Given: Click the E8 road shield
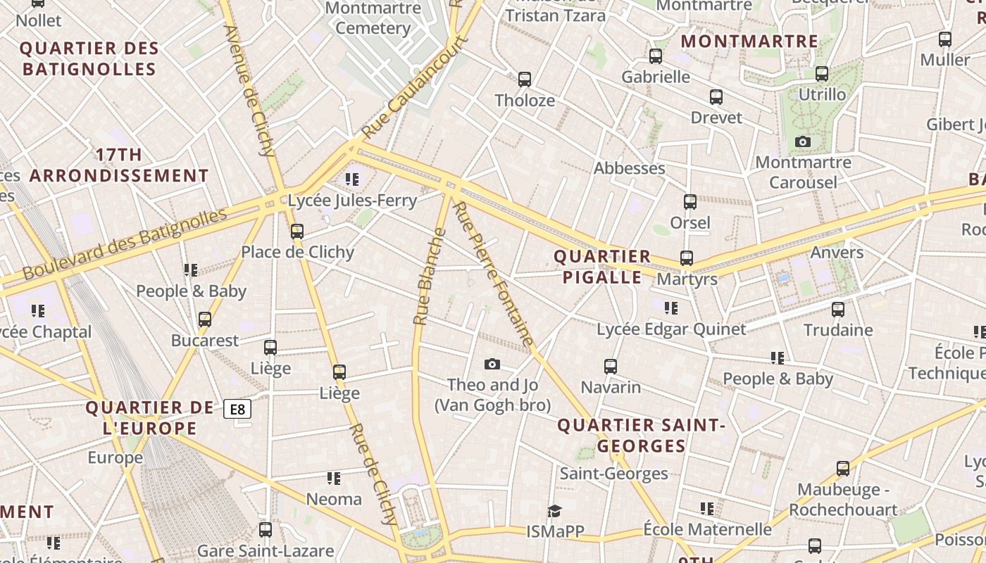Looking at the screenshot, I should tap(238, 409).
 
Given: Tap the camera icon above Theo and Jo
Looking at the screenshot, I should tap(492, 364).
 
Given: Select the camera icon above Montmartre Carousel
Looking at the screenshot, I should tap(802, 142).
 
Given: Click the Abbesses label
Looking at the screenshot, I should tap(629, 168).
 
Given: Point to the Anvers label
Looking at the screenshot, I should tap(837, 253).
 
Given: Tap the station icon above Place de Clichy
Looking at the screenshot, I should tap(297, 231).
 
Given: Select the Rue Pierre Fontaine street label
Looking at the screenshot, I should tap(493, 274).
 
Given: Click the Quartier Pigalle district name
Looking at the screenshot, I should tap(602, 267).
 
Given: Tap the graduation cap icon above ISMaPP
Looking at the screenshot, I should tap(555, 510).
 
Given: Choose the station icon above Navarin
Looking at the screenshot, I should tap(611, 367).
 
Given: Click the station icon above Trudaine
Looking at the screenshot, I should tap(838, 309).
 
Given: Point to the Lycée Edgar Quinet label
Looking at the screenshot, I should tap(670, 329).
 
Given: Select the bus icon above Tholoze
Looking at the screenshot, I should tap(525, 80).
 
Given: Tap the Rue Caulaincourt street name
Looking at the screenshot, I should tap(416, 87).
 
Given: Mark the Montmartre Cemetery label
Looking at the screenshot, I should tap(373, 18).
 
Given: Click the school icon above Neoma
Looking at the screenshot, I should tap(334, 479).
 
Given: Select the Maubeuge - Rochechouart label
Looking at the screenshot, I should tap(842, 500).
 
